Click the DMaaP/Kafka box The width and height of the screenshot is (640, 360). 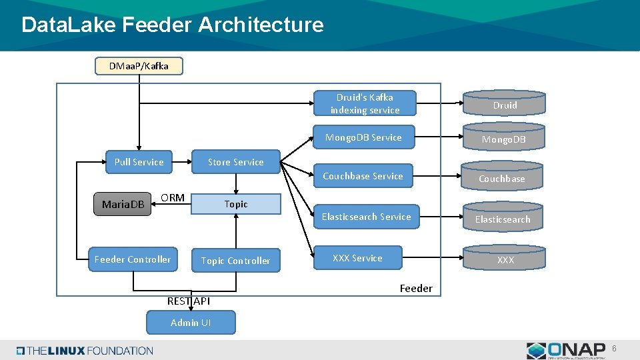139,66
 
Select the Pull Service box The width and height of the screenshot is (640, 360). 139,162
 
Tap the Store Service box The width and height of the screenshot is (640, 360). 235,162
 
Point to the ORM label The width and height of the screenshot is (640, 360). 173,198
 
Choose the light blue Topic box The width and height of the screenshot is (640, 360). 236,204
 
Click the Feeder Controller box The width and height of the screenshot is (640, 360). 133,259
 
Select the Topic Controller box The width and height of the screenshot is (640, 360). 235,261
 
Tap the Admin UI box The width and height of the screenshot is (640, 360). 191,323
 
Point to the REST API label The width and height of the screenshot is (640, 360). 189,301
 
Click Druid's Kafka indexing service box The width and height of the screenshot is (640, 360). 365,103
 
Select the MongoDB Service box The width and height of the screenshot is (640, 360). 363,137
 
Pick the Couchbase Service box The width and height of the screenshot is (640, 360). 363,176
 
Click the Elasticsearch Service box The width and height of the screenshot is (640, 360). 366,217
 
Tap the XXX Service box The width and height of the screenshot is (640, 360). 358,258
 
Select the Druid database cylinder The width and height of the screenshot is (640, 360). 505,103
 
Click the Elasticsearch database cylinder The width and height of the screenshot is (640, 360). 503,217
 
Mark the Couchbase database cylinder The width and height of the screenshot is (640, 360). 502,177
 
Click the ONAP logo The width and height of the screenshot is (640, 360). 566,351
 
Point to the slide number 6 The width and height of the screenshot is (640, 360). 615,349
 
